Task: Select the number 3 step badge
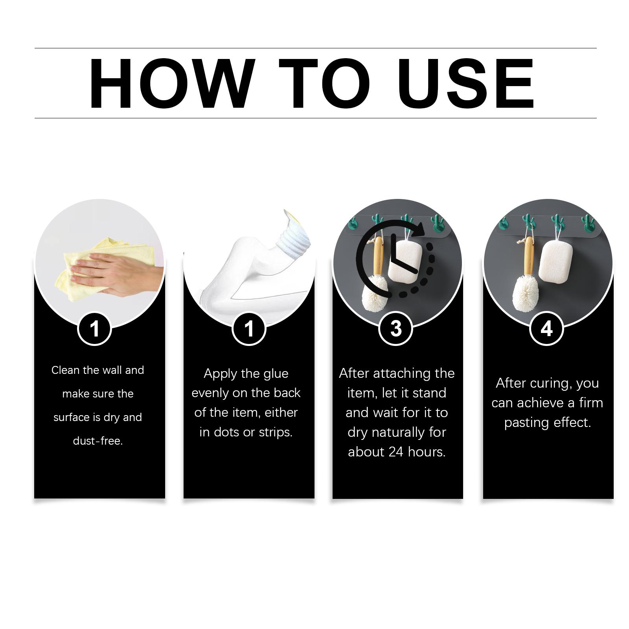pyautogui.click(x=396, y=328)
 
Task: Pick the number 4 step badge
pyautogui.click(x=546, y=328)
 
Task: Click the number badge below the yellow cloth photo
pyautogui.click(x=95, y=328)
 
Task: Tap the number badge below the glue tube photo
pyautogui.click(x=249, y=328)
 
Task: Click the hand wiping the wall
pyautogui.click(x=118, y=275)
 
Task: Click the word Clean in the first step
pyautogui.click(x=66, y=370)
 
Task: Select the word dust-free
pyautogui.click(x=98, y=441)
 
